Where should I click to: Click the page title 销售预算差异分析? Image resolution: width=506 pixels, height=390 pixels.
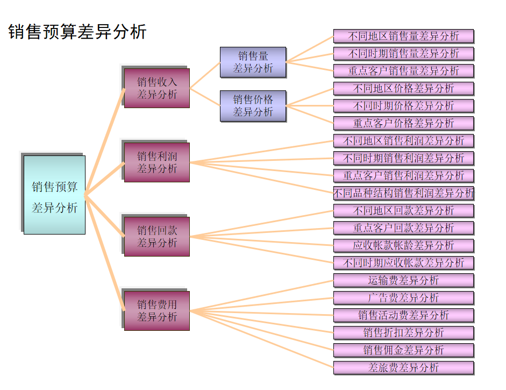click(x=77, y=32)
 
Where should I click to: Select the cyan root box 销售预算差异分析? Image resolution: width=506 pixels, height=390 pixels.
click(x=54, y=195)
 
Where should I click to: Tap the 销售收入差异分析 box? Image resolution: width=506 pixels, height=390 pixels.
click(x=156, y=88)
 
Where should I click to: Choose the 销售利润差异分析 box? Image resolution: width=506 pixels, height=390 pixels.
click(x=156, y=162)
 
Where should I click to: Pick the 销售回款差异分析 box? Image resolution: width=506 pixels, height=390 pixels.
click(x=156, y=236)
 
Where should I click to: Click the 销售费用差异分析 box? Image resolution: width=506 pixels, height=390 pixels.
click(x=156, y=310)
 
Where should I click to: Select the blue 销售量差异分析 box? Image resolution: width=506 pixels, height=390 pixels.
click(x=253, y=62)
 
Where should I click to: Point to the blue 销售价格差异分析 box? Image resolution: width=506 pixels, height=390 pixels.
click(x=253, y=105)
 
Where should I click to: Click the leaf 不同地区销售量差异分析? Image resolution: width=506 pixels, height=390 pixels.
click(x=403, y=36)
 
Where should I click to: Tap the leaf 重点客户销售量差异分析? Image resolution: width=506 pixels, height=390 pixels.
click(x=403, y=71)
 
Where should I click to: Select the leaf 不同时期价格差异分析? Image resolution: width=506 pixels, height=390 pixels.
click(x=403, y=105)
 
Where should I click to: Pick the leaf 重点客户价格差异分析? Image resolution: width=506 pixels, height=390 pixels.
click(x=403, y=123)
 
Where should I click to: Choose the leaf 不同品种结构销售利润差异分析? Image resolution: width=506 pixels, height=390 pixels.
click(x=403, y=193)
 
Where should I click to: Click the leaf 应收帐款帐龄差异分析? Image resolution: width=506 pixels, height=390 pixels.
click(x=403, y=245)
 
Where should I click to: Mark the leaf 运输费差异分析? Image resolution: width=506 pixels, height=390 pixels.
click(x=403, y=280)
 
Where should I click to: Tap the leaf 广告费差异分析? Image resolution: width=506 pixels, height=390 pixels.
click(x=403, y=297)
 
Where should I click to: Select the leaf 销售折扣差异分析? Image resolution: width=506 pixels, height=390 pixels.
click(x=403, y=332)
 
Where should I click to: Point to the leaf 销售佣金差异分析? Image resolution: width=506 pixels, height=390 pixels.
click(x=403, y=350)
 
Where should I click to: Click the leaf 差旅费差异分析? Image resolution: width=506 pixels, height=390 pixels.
click(x=403, y=367)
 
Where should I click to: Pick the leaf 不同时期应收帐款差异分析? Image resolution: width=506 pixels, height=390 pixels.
click(x=403, y=263)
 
